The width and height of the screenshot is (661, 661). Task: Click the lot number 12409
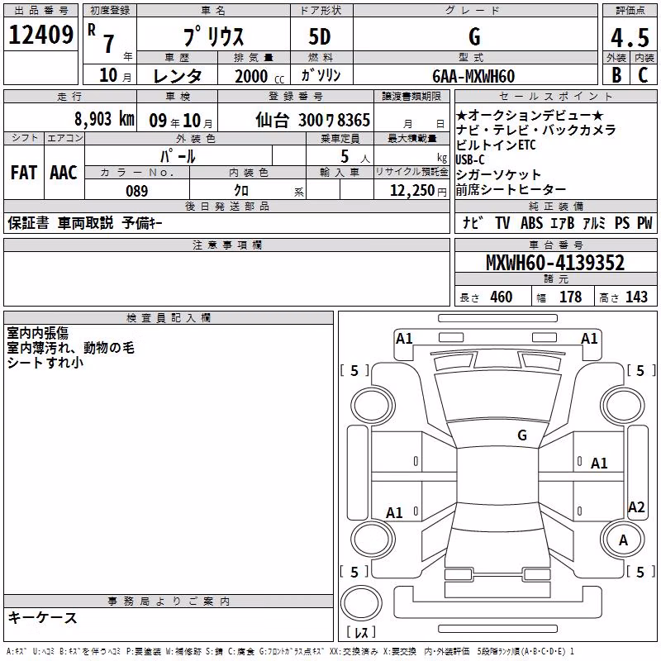click(x=40, y=35)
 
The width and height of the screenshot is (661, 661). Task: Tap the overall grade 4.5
click(x=630, y=37)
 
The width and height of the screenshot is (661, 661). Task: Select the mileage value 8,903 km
click(x=104, y=119)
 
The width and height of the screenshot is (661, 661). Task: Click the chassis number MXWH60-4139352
click(x=555, y=263)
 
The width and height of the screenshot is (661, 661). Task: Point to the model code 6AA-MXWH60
click(x=473, y=76)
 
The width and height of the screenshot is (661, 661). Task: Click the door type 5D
click(x=320, y=37)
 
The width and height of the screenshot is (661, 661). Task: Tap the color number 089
click(x=137, y=191)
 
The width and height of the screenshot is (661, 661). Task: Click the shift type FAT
click(x=24, y=173)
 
